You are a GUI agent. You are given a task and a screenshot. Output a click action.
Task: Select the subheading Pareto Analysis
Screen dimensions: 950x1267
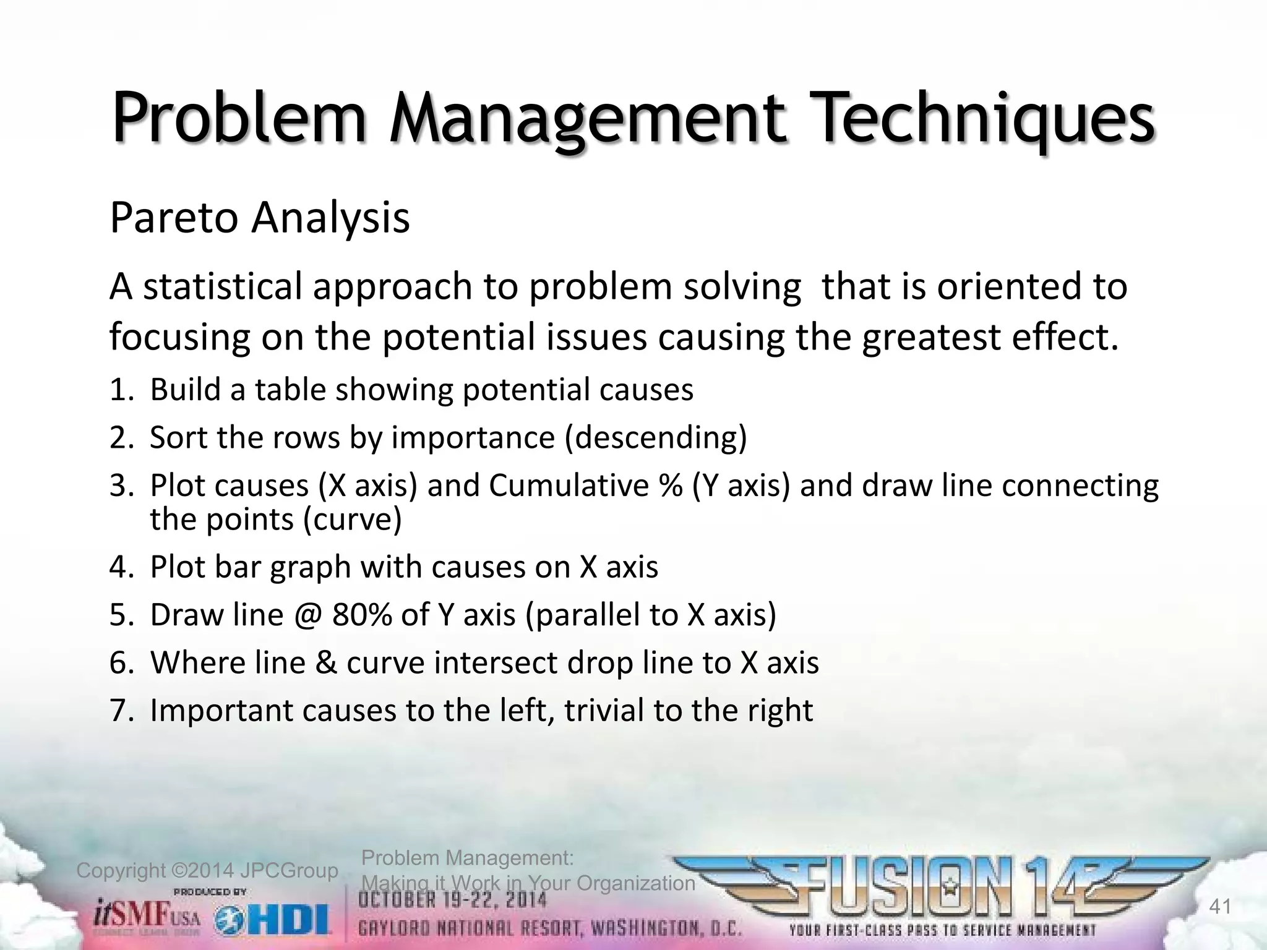coord(259,218)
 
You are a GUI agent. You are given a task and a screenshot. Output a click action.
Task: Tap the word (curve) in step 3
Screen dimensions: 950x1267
coord(353,518)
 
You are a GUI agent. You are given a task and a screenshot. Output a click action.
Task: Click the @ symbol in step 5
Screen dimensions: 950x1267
coord(308,615)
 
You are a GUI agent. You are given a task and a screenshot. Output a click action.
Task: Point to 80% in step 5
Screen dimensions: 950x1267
coord(361,615)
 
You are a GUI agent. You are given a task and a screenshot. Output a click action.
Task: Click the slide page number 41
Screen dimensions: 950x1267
coord(1219,907)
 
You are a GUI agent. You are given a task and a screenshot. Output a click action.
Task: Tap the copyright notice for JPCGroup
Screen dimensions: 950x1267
coord(207,871)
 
